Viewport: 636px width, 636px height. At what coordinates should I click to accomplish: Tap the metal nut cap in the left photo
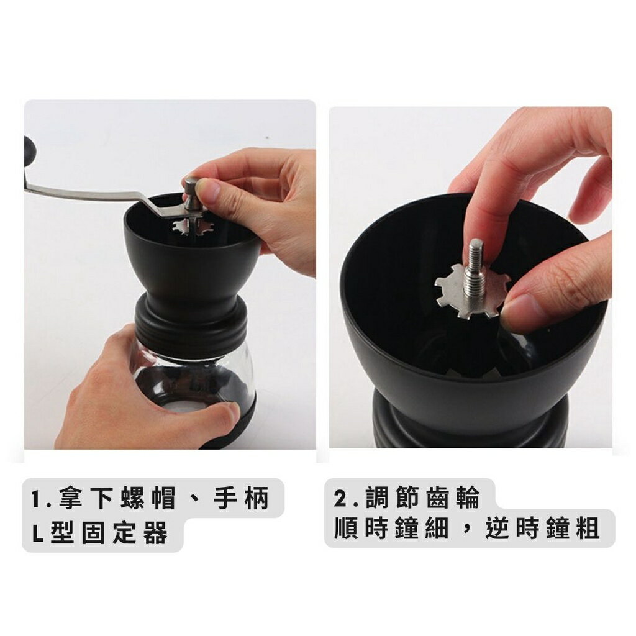click(x=193, y=186)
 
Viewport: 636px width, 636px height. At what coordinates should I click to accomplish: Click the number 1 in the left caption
click(x=38, y=499)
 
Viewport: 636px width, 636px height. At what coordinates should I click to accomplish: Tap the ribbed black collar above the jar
click(x=189, y=320)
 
